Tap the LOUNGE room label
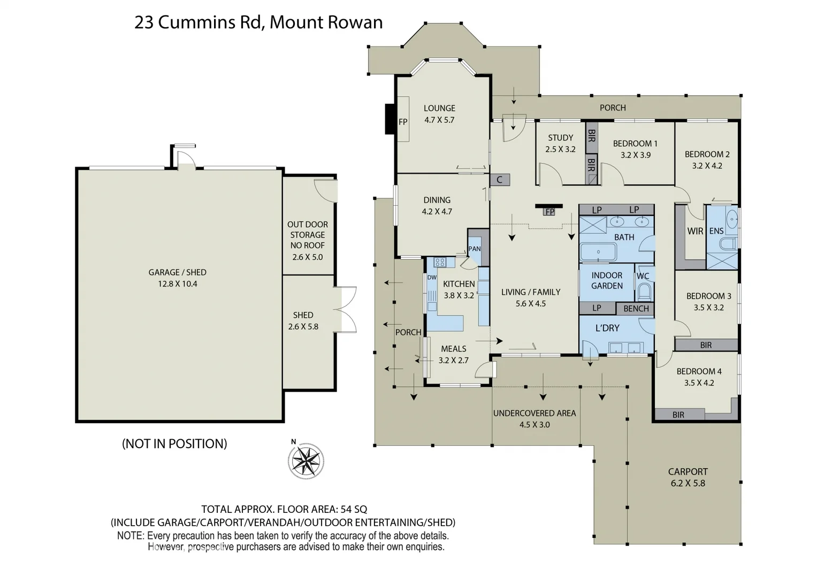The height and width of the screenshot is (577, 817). click(439, 108)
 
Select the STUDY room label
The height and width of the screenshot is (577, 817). click(560, 138)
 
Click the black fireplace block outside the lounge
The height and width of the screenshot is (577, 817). click(391, 119)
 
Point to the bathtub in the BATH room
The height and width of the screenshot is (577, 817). click(598, 252)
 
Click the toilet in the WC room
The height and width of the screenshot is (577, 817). click(645, 293)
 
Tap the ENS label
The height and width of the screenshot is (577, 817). click(716, 231)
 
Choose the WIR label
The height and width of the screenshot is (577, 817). click(695, 231)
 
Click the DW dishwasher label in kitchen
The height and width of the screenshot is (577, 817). click(432, 278)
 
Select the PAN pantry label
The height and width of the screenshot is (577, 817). click(474, 249)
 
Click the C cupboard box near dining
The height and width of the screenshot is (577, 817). click(500, 180)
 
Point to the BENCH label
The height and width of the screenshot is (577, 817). click(636, 309)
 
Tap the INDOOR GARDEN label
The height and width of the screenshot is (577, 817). click(607, 280)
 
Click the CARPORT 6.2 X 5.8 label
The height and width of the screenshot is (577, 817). click(688, 477)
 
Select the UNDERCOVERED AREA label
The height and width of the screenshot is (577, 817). click(535, 413)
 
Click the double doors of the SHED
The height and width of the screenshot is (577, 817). click(345, 310)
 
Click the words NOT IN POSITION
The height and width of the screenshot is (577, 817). click(174, 443)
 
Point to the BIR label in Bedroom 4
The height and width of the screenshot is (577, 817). click(678, 415)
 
